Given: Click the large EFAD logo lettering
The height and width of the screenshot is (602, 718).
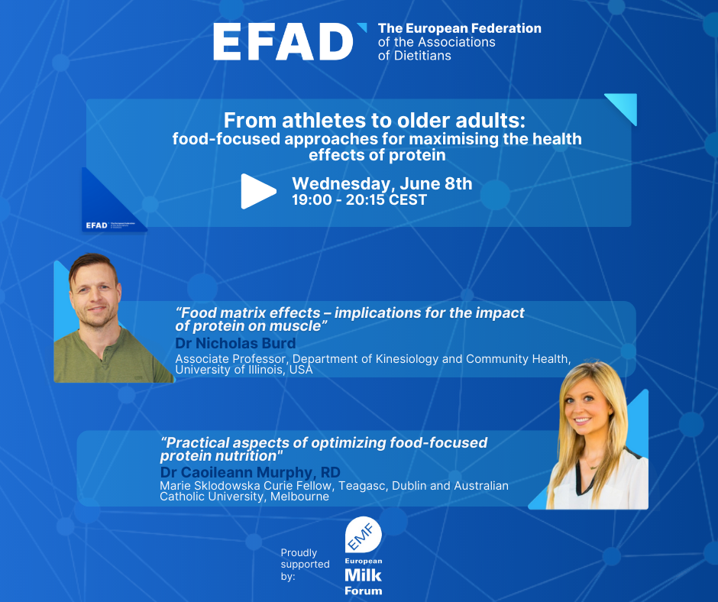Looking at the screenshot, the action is [283, 42].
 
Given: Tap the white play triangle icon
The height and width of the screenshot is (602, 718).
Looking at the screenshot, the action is [258, 191].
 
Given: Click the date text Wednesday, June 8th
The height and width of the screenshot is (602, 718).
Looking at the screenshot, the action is [382, 183].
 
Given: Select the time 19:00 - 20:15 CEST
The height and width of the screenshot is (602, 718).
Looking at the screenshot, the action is [360, 199].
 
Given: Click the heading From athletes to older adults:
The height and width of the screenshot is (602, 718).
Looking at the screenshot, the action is [374, 121].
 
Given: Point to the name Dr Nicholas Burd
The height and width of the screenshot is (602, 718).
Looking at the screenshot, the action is [235, 343].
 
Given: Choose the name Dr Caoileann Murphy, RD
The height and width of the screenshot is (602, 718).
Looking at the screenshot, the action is [250, 472].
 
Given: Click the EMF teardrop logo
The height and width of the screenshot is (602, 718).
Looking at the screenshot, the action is [363, 535].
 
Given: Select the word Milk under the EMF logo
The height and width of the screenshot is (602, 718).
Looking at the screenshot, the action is [363, 575].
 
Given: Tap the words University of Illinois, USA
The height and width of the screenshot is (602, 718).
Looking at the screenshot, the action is [244, 370].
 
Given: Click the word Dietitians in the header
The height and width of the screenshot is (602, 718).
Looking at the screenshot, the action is [416, 56].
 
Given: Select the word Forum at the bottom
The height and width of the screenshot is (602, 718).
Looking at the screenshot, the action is [363, 591].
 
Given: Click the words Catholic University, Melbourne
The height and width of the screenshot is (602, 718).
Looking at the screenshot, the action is [244, 497].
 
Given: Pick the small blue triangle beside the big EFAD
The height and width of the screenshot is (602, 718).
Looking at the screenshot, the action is [362, 28].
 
